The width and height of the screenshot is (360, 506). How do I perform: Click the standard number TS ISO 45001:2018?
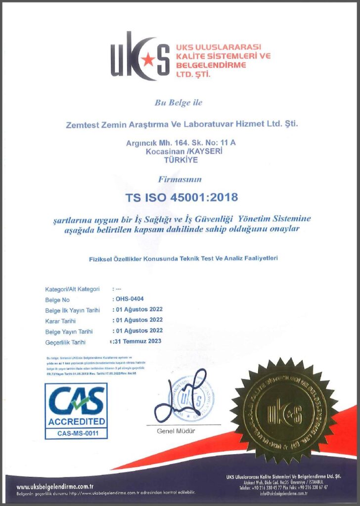181,197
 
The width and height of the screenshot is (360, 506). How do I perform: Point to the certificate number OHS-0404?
130,299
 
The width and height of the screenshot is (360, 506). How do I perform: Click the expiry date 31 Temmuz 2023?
138,340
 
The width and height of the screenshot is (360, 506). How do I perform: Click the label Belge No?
57,300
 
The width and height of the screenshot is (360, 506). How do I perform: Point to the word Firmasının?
180,179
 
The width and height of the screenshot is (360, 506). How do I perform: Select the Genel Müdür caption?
176,431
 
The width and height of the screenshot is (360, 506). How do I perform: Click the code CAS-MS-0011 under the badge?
76,434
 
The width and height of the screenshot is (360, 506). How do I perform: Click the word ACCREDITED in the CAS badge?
76,422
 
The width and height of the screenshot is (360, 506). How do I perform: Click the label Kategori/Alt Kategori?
73,289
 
